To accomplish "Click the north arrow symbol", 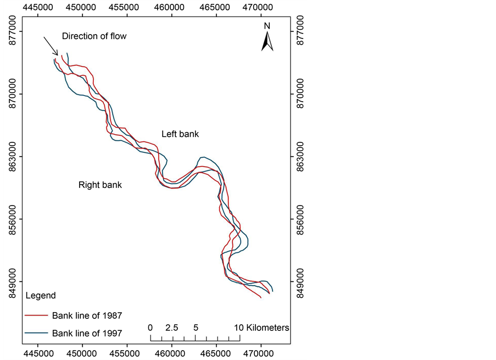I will (267, 42).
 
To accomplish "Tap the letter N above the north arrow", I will (267, 26).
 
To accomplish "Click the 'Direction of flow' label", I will (94, 36).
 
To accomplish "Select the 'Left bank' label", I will (180, 134).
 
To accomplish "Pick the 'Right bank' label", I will (100, 185).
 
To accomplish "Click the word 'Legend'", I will (41, 296).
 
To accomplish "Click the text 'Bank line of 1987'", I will (87, 315).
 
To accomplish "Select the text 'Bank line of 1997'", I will (87, 333).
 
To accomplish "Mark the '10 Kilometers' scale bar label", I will (262, 328).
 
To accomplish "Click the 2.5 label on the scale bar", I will (172, 328).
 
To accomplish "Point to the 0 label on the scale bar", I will (151, 328).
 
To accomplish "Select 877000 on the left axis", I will (13, 31).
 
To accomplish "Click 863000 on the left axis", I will (13, 156).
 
